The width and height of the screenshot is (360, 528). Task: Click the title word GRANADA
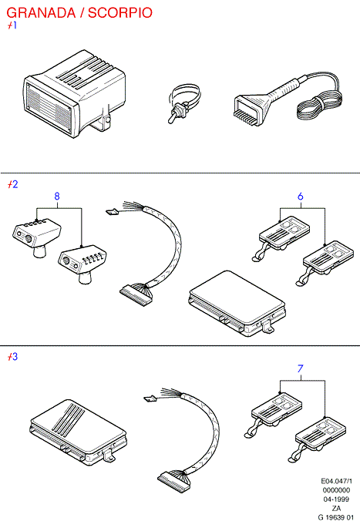coord(41,13)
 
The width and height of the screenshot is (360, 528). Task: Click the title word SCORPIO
coord(120,13)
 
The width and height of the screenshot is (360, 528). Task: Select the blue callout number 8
coord(57,196)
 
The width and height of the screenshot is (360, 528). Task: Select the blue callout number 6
coord(301,196)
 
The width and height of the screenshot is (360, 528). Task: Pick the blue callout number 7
coord(301,368)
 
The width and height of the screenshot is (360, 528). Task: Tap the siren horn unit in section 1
coord(75,94)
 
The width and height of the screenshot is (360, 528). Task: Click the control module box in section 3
coord(78,432)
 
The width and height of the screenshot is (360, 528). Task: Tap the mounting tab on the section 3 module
coord(109,456)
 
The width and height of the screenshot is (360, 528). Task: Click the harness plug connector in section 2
coord(136,294)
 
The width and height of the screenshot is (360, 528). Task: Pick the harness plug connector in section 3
coord(173,481)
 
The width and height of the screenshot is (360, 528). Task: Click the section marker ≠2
coord(13,184)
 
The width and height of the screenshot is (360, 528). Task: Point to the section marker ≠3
coord(13,357)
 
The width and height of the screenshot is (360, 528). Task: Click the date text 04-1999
coord(336,499)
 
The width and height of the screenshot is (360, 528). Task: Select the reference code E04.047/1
coord(336,481)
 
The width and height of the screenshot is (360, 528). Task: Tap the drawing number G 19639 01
coord(336,517)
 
